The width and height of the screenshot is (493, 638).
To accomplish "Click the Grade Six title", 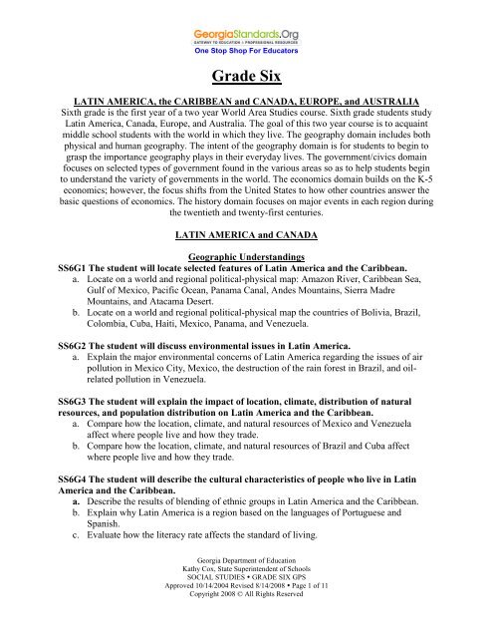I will pos(246,81).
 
